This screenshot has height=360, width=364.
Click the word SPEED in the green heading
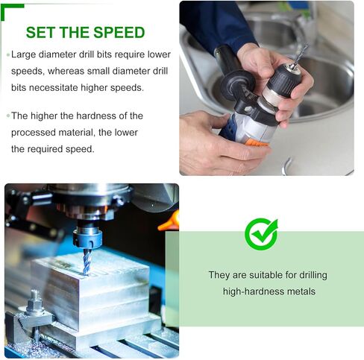(x=119, y=33)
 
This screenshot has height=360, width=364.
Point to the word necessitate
(x=54, y=88)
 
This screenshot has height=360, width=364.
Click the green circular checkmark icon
(x=261, y=234)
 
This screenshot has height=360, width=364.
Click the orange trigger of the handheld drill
(x=255, y=142)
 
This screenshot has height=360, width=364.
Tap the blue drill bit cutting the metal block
(x=86, y=262)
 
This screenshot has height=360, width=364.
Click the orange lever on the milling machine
(x=170, y=221)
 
